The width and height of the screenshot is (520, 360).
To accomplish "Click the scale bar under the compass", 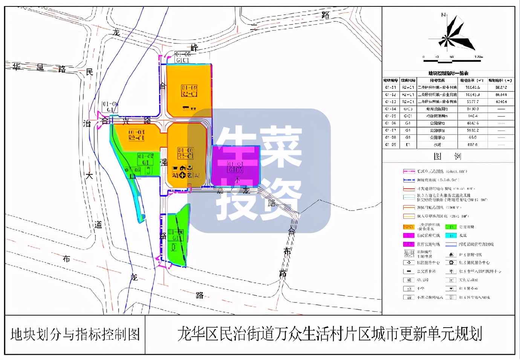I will pyautogui.click(x=452, y=57).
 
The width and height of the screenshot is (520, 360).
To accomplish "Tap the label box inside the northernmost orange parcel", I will pyautogui.click(x=189, y=91).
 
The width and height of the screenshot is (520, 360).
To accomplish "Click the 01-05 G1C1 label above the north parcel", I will pyautogui.click(x=183, y=57).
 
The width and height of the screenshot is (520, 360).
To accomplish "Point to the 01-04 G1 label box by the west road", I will pyautogui.click(x=110, y=107).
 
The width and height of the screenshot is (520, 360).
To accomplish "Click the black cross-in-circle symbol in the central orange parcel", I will pyautogui.click(x=182, y=174).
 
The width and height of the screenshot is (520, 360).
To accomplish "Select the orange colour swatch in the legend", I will pyautogui.click(x=409, y=227).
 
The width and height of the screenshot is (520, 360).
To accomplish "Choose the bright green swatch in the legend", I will pyautogui.click(x=451, y=227).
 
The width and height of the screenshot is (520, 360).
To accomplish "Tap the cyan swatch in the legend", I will pyautogui.click(x=451, y=235).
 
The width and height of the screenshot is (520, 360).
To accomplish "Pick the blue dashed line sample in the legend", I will pyautogui.click(x=409, y=180).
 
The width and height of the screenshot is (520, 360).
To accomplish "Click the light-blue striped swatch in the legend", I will pyautogui.click(x=451, y=244).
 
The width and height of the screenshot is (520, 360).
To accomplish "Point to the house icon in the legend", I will pyautogui.click(x=451, y=255).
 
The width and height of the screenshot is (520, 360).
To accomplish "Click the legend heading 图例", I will pyautogui.click(x=447, y=156).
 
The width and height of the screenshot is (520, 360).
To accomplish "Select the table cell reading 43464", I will pyautogui.click(x=501, y=102).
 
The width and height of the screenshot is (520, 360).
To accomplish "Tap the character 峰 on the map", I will pyautogui.click(x=194, y=48).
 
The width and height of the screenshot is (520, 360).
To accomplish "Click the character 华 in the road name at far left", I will pyautogui.click(x=17, y=67).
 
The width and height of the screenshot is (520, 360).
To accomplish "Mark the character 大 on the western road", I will pyautogui.click(x=89, y=175).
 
